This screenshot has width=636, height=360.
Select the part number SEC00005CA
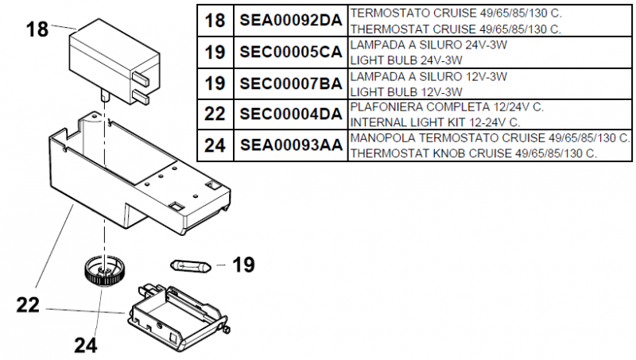290,52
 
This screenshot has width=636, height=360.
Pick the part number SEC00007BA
290,83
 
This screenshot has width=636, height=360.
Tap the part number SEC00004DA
290,114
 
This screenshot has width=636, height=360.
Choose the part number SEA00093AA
290,145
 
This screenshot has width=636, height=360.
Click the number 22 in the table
215,114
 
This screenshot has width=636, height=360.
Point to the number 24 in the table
215,145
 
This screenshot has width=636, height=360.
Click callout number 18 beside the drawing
37,30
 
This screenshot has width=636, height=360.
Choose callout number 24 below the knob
86,344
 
